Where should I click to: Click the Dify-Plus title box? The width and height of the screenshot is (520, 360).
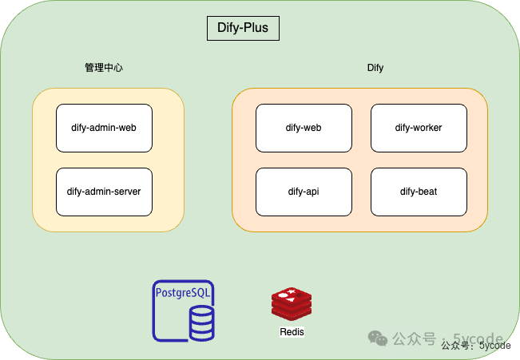pyautogui.click(x=244, y=28)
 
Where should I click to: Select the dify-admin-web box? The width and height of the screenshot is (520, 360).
pyautogui.click(x=104, y=128)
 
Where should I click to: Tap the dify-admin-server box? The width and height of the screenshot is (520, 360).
pyautogui.click(x=104, y=192)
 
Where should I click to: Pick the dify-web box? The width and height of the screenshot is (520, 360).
pyautogui.click(x=304, y=128)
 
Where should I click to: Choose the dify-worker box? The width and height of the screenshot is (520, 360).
pyautogui.click(x=419, y=128)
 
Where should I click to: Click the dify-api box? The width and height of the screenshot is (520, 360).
pyautogui.click(x=304, y=192)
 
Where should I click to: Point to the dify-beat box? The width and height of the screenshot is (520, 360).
pyautogui.click(x=419, y=192)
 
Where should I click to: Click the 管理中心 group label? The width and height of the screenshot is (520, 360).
pyautogui.click(x=104, y=68)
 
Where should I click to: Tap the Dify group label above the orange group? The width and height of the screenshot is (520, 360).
pyautogui.click(x=375, y=68)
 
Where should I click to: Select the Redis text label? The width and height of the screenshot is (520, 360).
pyautogui.click(x=292, y=332)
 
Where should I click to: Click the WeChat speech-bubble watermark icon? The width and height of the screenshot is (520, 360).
pyautogui.click(x=378, y=338)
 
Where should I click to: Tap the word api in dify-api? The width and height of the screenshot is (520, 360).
pyautogui.click(x=312, y=192)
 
